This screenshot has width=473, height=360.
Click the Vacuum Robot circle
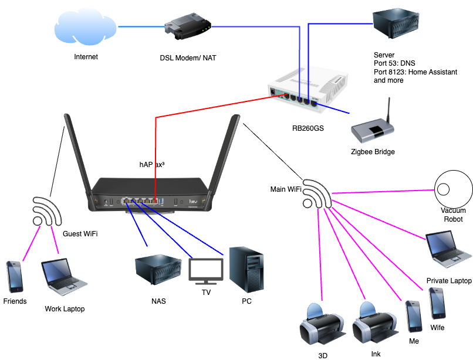tap(452, 188)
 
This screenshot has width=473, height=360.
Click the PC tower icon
tap(245, 270)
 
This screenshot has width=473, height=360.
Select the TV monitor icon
tap(206, 271)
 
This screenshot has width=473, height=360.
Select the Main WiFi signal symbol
tap(316, 195)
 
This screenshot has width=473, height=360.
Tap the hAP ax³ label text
tap(151, 165)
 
